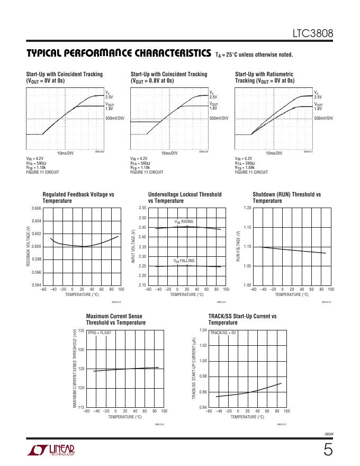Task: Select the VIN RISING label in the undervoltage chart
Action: [x=184, y=221]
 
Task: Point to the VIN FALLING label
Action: [x=184, y=261]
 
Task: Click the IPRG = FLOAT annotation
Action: [x=100, y=333]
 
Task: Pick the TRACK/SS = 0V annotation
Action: [x=223, y=333]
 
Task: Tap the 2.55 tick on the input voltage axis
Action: [x=142, y=208]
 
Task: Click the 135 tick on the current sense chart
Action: [x=81, y=330]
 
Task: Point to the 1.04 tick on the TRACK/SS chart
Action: [x=203, y=330]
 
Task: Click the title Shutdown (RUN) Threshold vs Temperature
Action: [x=286, y=198]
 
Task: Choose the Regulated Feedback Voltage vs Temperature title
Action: [x=78, y=198]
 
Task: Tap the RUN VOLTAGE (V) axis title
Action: [x=239, y=247]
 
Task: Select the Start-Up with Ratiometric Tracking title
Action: [x=264, y=77]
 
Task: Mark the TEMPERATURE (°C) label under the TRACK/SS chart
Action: [x=247, y=417]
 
